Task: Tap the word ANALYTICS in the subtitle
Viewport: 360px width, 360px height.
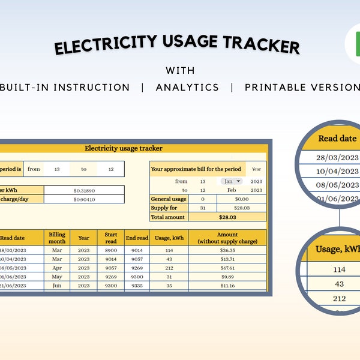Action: (187, 88)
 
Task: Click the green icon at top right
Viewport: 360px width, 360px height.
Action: (354, 44)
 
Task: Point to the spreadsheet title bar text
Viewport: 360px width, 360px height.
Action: (123, 148)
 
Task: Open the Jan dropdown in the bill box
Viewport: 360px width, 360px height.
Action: (231, 181)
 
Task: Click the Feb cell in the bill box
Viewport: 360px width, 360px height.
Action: (230, 190)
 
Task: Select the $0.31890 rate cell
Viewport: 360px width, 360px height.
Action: (84, 190)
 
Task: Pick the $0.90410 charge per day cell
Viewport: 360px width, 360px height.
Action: (84, 199)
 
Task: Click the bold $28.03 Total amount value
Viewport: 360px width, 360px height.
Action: (227, 217)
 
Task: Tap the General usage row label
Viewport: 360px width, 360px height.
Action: (169, 199)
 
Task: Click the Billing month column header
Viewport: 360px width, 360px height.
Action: (57, 238)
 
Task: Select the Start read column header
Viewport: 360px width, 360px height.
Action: (111, 238)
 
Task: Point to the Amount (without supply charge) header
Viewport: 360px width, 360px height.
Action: (227, 238)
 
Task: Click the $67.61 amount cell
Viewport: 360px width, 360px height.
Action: (227, 268)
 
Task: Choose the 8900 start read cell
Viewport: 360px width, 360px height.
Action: (111, 250)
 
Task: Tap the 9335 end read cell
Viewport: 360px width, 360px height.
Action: (137, 286)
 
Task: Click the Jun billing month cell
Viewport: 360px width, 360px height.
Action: (57, 286)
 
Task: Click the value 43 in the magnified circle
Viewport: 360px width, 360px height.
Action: (339, 284)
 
